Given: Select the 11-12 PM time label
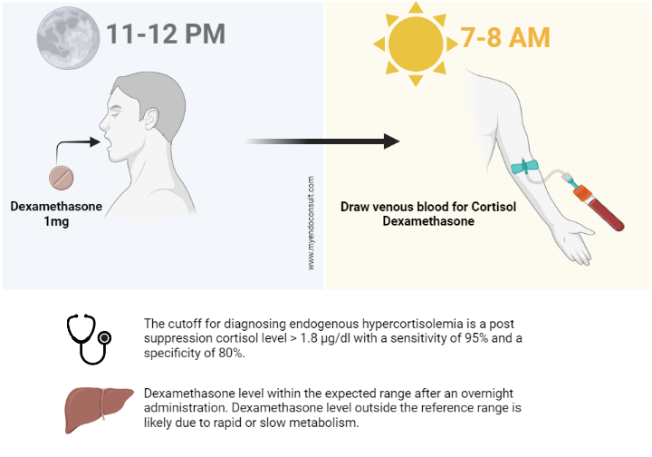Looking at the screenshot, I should coord(165,35).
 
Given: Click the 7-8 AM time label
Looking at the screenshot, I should coord(505,36).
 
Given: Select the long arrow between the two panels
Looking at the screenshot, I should coord(321,141).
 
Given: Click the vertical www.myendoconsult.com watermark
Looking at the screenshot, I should coord(312,223).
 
